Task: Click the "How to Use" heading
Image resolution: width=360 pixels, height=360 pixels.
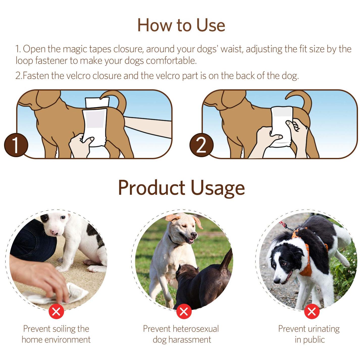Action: click(x=181, y=25)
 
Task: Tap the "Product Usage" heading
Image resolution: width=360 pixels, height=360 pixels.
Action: click(x=181, y=188)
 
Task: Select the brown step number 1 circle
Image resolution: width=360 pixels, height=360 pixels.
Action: click(x=16, y=145)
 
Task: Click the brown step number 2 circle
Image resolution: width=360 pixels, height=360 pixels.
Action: click(x=201, y=145)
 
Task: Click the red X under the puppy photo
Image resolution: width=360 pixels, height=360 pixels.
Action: click(x=56, y=312)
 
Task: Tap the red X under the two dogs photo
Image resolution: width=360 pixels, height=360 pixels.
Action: click(x=184, y=312)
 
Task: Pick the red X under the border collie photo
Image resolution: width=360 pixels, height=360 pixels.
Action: click(x=312, y=312)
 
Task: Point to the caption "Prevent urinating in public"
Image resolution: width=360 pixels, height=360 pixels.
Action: click(x=309, y=334)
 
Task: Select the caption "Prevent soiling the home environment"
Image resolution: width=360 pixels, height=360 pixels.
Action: click(x=56, y=334)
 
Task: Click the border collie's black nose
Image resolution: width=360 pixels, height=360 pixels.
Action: click(x=277, y=281)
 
